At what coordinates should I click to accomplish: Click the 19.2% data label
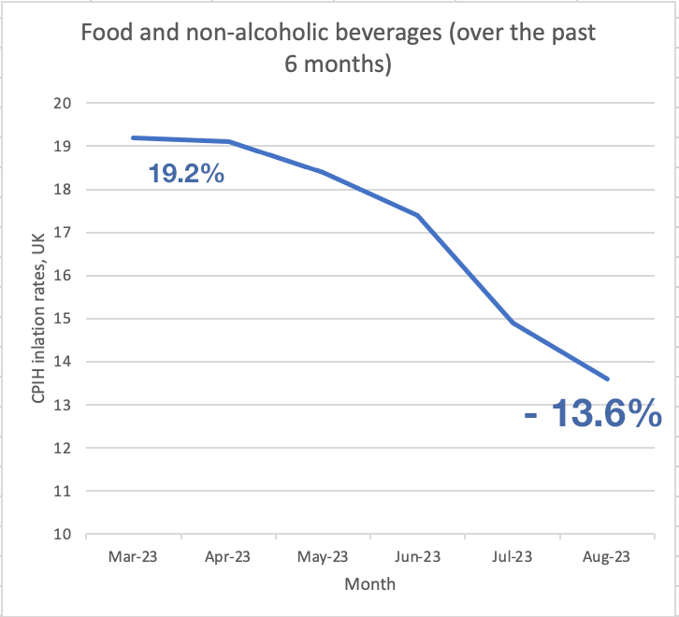tap(186, 173)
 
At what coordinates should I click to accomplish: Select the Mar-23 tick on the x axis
tap(133, 556)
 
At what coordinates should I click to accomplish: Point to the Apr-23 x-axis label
tap(227, 556)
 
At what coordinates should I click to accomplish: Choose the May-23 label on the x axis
tap(323, 556)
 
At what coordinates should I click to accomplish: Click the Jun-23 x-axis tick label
tap(417, 556)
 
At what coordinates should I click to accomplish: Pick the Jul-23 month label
tap(512, 556)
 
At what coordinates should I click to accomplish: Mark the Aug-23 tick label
tap(606, 556)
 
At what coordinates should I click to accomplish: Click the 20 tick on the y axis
tap(65, 103)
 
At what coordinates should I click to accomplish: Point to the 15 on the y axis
tap(65, 319)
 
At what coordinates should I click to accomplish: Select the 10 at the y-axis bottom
tap(65, 535)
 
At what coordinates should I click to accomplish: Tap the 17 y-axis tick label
tap(65, 233)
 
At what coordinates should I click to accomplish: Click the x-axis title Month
tap(369, 584)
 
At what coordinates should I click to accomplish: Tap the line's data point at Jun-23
tap(417, 215)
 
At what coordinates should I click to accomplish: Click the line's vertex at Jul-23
tap(512, 323)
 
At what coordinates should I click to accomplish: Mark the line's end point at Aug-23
tap(607, 379)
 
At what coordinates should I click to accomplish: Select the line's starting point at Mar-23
tap(133, 137)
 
